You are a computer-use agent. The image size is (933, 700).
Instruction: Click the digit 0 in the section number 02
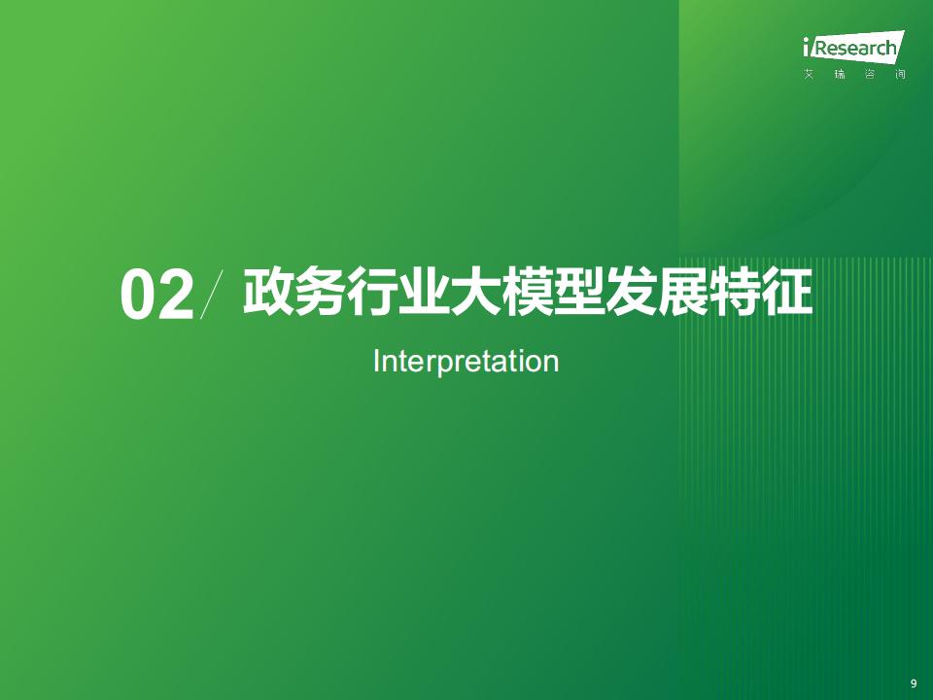(x=138, y=296)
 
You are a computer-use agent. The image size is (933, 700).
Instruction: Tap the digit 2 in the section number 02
(x=176, y=296)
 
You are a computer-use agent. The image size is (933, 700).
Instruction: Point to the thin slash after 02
(x=212, y=294)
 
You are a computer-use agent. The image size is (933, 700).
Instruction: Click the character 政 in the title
(x=268, y=292)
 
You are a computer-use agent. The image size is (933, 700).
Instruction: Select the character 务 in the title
(x=320, y=292)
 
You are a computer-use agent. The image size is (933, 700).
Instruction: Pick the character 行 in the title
(x=372, y=292)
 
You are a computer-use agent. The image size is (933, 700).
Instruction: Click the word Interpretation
(x=466, y=362)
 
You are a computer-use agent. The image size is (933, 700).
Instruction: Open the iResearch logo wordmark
(x=853, y=47)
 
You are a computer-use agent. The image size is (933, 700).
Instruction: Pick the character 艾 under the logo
(x=809, y=75)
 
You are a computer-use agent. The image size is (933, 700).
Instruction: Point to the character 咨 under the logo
(x=870, y=75)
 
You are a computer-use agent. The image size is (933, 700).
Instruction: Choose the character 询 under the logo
(x=900, y=75)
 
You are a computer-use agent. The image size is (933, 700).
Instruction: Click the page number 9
(x=914, y=683)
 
